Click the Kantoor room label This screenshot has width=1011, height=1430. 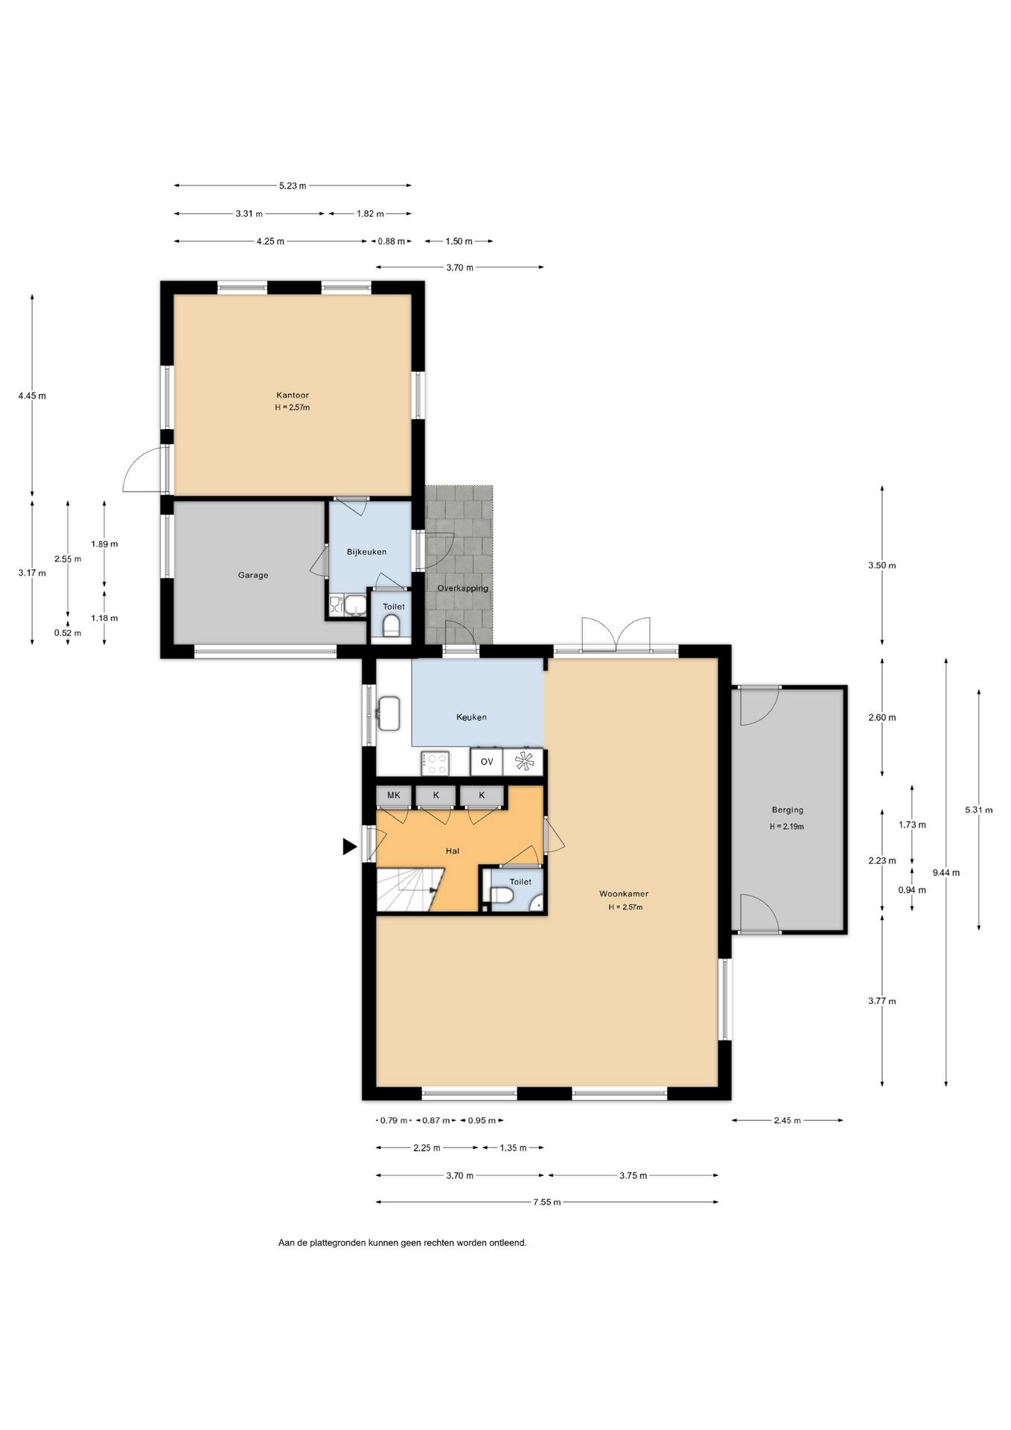click(293, 395)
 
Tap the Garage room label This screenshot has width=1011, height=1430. click(253, 575)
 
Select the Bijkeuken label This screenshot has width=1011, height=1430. click(366, 552)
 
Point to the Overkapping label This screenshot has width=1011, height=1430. click(462, 588)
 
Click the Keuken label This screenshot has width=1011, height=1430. click(471, 717)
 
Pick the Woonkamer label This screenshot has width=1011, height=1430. click(624, 894)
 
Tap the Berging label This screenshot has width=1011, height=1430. click(787, 810)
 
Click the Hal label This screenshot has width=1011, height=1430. click(453, 851)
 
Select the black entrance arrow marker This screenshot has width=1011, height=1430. click(350, 847)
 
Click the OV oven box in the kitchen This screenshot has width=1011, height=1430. click(487, 762)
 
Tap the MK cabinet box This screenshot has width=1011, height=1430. click(393, 795)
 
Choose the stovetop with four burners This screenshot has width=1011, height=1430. click(435, 763)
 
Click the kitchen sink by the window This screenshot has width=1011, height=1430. click(389, 713)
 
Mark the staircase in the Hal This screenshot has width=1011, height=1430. click(409, 890)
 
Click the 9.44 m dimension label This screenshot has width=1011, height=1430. click(945, 872)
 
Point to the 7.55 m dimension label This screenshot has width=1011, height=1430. click(546, 1202)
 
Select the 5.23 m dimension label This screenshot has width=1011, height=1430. click(293, 186)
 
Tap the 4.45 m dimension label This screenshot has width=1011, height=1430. click(32, 396)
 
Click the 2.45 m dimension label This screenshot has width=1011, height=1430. click(787, 1120)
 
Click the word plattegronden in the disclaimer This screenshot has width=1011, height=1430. click(337, 1243)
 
